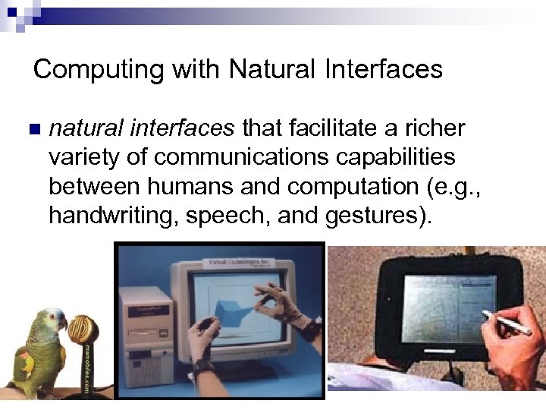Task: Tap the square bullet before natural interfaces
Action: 31,129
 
